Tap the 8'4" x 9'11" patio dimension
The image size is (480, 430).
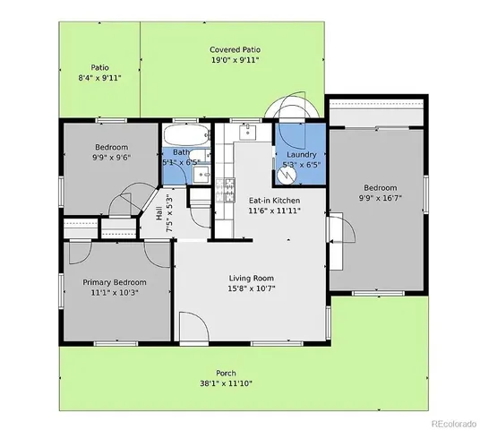click(99, 78)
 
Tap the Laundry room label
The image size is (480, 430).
click(301, 154)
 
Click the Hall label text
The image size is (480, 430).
click(159, 214)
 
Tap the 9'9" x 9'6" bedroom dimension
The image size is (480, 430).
click(112, 158)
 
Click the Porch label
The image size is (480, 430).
click(226, 373)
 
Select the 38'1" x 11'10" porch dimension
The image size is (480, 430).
click(226, 384)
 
